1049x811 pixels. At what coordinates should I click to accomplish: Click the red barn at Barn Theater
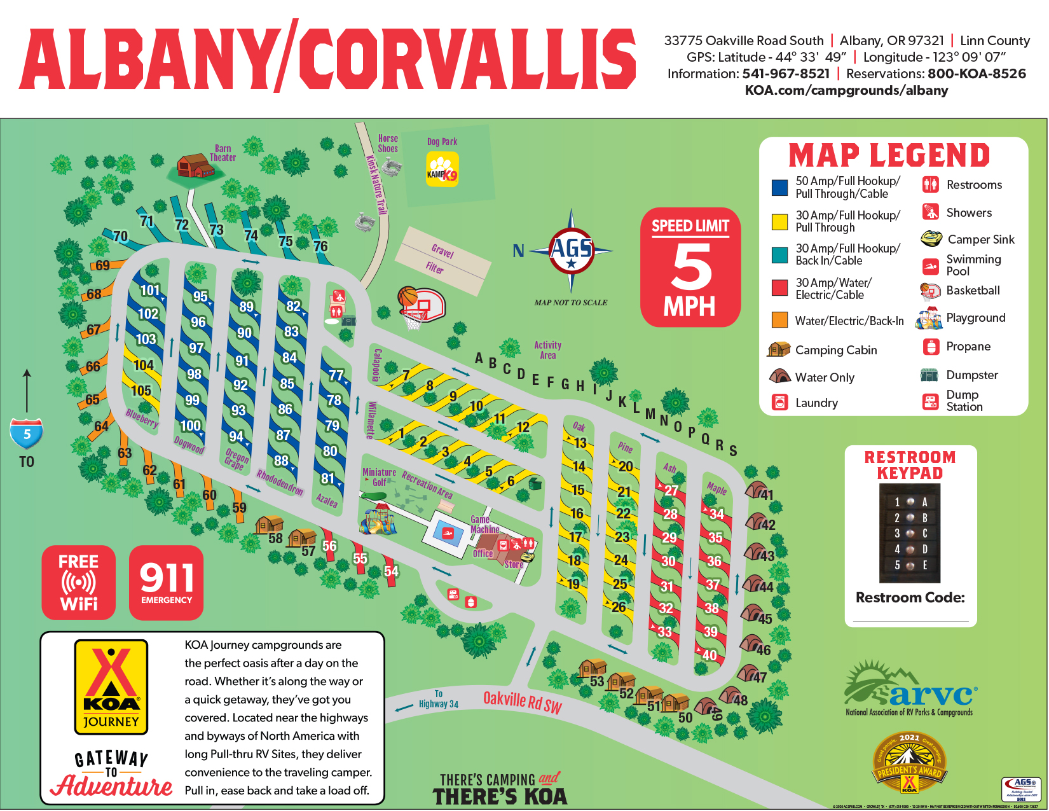(195, 166)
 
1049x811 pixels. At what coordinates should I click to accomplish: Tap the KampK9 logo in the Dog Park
(442, 170)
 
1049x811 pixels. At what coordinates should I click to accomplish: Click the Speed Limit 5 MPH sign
(690, 267)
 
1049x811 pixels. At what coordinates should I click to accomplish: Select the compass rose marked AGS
(571, 249)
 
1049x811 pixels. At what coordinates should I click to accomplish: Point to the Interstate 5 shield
(27, 434)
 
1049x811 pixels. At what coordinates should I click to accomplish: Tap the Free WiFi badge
(79, 582)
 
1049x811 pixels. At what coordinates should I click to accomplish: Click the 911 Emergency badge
(166, 582)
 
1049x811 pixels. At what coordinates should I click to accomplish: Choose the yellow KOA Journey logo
(111, 686)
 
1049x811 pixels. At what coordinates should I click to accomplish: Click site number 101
(150, 291)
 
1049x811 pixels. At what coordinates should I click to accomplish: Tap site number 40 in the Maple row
(710, 655)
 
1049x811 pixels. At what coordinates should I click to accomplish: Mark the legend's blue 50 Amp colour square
(779, 188)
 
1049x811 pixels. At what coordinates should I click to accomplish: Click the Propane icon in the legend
(931, 347)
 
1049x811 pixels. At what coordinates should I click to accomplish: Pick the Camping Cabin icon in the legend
(779, 349)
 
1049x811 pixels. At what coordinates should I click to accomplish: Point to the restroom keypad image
(909, 533)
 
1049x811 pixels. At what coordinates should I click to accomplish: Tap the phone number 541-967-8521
(786, 74)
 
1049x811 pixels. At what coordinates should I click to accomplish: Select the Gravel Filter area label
(440, 260)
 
